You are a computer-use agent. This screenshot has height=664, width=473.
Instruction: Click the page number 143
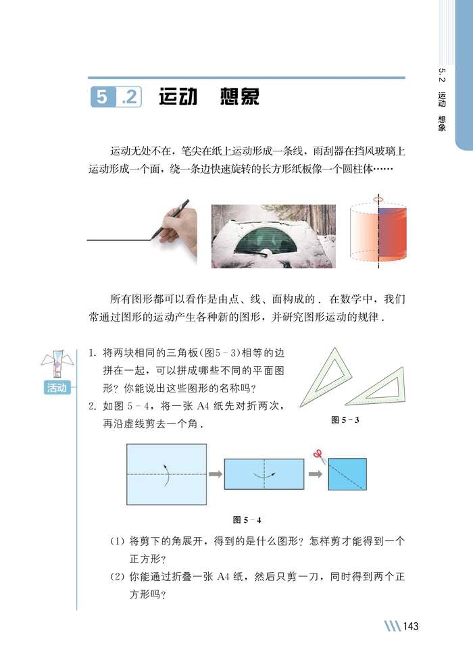[x=410, y=626]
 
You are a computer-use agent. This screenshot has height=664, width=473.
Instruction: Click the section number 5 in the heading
[x=101, y=98]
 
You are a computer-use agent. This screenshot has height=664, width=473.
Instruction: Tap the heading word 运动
[x=178, y=97]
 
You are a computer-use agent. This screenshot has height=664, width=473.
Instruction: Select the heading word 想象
[x=239, y=97]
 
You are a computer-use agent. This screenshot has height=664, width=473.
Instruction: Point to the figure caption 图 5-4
[x=247, y=519]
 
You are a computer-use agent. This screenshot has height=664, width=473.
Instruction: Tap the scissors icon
[x=320, y=456]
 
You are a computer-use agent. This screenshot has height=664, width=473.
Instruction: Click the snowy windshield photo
[x=273, y=236]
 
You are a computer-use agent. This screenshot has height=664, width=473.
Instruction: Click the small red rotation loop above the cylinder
[x=378, y=200]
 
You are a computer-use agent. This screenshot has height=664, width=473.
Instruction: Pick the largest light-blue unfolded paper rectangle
[x=166, y=474]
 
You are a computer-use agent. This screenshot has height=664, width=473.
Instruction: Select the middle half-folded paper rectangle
[x=264, y=474]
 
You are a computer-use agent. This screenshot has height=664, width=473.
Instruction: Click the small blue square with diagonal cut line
[x=347, y=474]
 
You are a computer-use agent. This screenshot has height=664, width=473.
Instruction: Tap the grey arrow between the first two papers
[x=216, y=474]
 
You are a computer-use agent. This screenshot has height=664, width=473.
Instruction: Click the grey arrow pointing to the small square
[x=316, y=474]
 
